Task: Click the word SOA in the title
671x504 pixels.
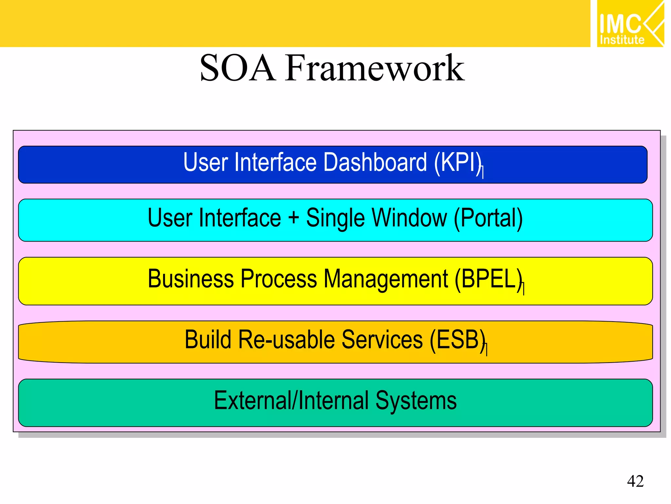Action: tap(238, 68)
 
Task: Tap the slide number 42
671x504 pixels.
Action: tap(635, 481)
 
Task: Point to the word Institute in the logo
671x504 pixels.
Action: tap(622, 40)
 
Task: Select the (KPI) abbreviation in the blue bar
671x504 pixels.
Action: tap(458, 162)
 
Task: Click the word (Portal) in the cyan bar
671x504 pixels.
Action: tap(488, 218)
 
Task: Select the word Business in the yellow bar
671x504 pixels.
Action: tap(191, 279)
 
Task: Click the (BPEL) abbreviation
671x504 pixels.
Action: tap(488, 279)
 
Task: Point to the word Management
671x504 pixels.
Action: tap(385, 279)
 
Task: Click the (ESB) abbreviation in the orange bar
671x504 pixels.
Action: tap(457, 340)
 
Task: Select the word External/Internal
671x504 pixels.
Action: tap(291, 401)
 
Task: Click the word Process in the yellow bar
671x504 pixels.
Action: tap(279, 279)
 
